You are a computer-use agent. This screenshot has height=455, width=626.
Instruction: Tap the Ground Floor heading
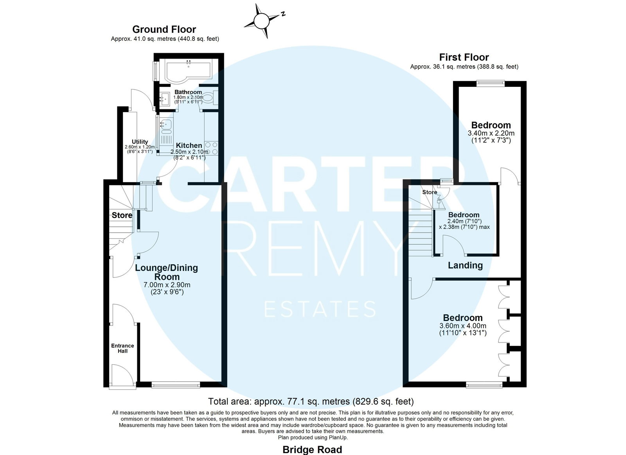[x=164, y=29]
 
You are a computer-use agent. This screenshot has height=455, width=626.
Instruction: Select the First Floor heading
[x=464, y=57]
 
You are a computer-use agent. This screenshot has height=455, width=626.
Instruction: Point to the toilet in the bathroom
[x=210, y=98]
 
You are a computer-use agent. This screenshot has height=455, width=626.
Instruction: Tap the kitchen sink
[x=166, y=126]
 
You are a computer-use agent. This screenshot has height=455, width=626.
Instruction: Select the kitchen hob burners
[x=211, y=148]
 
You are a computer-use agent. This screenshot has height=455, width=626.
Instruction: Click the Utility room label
[x=140, y=142]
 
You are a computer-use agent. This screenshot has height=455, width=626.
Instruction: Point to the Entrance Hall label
[x=122, y=348]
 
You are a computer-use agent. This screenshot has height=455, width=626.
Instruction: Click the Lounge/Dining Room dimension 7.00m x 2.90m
[x=167, y=285]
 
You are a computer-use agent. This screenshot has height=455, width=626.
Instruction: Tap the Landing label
[x=465, y=265]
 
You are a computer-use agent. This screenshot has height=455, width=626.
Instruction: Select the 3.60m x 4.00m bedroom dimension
[x=463, y=326]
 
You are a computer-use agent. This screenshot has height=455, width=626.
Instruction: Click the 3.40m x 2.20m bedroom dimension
[x=491, y=133]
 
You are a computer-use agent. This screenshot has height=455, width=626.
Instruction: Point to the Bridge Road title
[x=312, y=450]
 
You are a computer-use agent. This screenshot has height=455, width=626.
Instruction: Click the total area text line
[x=311, y=401]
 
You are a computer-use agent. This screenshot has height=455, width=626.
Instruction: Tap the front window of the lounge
[x=176, y=385]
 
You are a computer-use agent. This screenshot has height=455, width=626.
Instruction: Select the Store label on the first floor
[x=430, y=192]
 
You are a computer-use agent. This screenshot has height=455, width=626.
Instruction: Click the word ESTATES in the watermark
[x=320, y=309]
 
